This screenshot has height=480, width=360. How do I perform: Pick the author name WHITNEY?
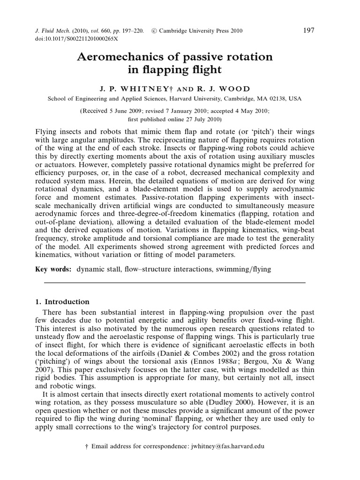(x=144, y=89)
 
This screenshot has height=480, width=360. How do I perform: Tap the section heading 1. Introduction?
(x=62, y=302)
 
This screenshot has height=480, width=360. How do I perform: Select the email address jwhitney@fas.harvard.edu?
(x=225, y=447)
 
